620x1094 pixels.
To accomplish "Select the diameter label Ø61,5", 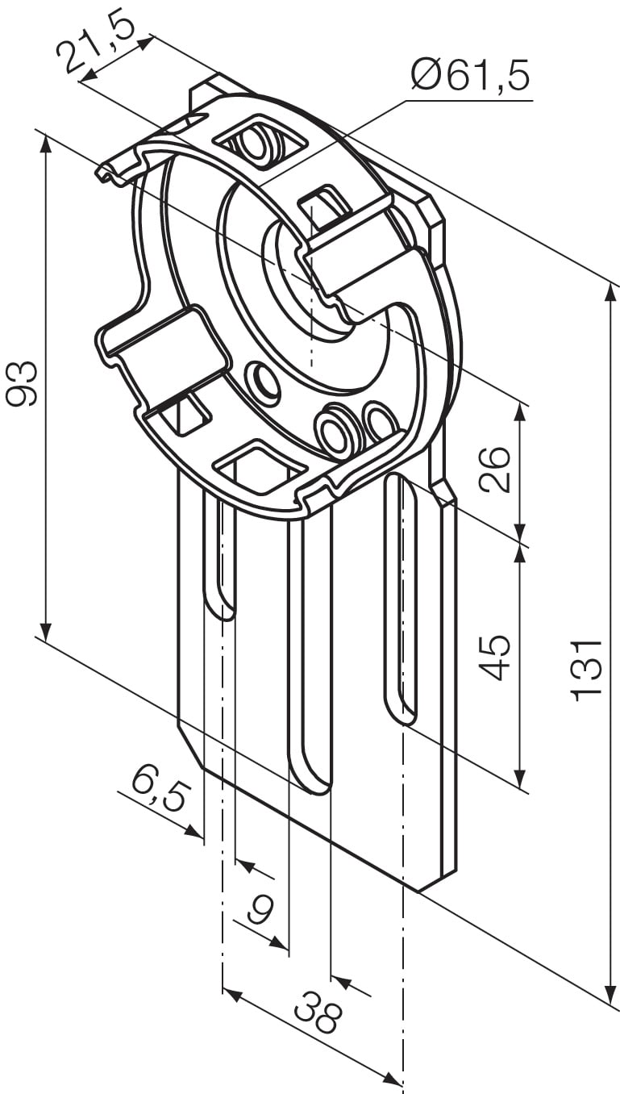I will tap(470, 77).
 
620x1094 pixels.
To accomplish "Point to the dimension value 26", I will tap(494, 469).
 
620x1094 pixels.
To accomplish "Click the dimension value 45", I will tap(494, 658).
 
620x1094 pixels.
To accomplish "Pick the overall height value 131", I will tap(586, 669).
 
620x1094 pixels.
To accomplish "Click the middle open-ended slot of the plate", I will tap(310, 645).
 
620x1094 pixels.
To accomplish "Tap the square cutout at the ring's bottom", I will tap(260, 468).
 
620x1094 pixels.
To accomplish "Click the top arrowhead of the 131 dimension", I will tap(606, 293).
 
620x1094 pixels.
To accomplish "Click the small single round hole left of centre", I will tap(262, 380).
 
